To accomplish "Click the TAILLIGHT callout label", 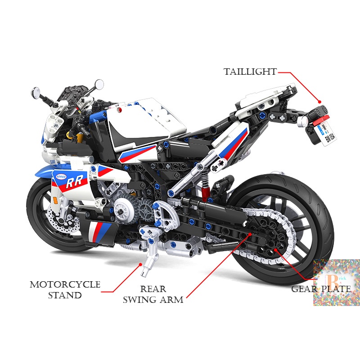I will pyautogui.click(x=250, y=72).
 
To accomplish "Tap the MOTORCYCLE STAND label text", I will pyautogui.click(x=65, y=290).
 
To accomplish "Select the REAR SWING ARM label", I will pyautogui.click(x=153, y=294).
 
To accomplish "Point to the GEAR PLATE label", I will pyautogui.click(x=321, y=288).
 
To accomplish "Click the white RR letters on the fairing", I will pyautogui.click(x=72, y=183).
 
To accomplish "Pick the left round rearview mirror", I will pyautogui.click(x=36, y=93).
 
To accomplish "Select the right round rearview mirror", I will pyautogui.click(x=99, y=84).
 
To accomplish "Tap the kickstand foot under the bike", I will pyautogui.click(x=145, y=272).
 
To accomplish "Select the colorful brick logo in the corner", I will pyautogui.click(x=336, y=282).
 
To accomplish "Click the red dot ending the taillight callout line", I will pyautogui.click(x=320, y=102).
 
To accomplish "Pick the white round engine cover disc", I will pyautogui.click(x=121, y=210).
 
